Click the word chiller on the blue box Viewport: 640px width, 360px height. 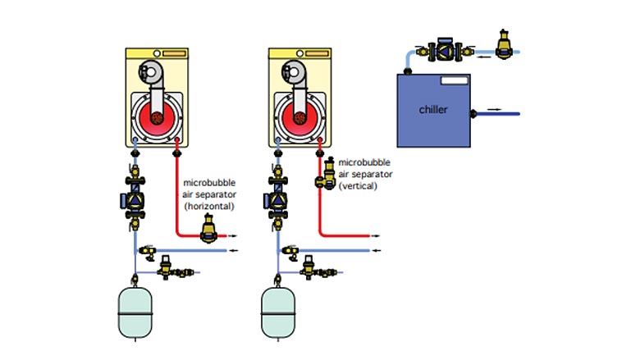[x=433, y=109]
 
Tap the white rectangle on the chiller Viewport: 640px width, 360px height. [x=455, y=80]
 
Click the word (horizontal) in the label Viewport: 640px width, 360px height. [x=209, y=207]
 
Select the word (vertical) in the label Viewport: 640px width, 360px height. [x=358, y=186]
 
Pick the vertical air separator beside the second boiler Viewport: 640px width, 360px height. [x=326, y=174]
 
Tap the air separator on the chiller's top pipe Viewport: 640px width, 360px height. [x=504, y=44]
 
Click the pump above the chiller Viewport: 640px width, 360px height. [x=445, y=50]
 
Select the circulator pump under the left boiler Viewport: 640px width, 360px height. [x=135, y=199]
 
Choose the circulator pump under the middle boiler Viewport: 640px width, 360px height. [x=277, y=199]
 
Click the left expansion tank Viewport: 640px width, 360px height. [x=135, y=312]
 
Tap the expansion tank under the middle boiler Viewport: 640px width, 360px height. [x=278, y=312]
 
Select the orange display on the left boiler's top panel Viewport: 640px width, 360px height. [x=174, y=53]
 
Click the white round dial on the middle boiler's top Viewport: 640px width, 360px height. [x=299, y=53]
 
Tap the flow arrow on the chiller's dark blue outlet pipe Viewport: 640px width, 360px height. [x=494, y=109]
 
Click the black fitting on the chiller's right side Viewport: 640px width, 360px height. [x=473, y=114]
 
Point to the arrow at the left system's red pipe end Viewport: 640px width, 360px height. [x=233, y=235]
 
